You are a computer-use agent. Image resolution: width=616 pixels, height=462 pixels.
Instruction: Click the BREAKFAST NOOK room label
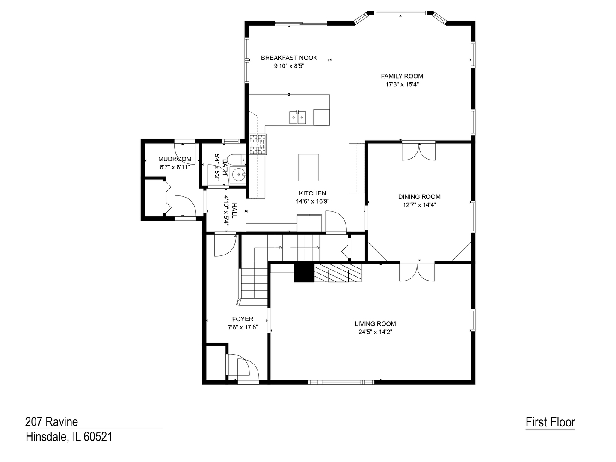(289, 58)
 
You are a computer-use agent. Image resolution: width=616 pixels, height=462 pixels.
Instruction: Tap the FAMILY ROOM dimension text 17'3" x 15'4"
(402, 84)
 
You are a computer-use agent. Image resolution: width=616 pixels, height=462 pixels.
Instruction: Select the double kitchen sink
(297, 117)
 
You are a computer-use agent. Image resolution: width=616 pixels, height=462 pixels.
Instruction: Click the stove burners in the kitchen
(258, 145)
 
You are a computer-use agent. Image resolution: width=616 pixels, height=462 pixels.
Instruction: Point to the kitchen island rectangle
(308, 167)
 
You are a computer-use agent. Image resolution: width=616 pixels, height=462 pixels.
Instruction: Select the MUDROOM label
(175, 159)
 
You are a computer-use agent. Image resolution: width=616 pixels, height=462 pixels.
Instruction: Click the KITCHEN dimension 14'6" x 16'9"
(312, 201)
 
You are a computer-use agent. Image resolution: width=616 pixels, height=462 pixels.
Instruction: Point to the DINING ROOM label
(419, 197)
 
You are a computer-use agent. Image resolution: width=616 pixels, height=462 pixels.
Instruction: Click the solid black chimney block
(304, 272)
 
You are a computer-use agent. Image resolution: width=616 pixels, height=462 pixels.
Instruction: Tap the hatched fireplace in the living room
(338, 272)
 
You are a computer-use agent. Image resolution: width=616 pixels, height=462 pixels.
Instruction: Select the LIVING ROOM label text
(375, 324)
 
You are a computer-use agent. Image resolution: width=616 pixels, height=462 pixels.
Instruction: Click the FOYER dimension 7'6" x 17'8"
(243, 327)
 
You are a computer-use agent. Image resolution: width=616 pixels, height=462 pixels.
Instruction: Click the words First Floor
(550, 422)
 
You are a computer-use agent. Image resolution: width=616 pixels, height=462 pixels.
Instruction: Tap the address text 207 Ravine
(51, 422)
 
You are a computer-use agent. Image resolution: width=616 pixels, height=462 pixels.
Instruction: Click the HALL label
(234, 210)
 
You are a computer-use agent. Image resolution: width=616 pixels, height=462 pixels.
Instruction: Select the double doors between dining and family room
(419, 151)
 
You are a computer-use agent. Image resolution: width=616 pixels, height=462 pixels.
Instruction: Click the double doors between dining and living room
(417, 272)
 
